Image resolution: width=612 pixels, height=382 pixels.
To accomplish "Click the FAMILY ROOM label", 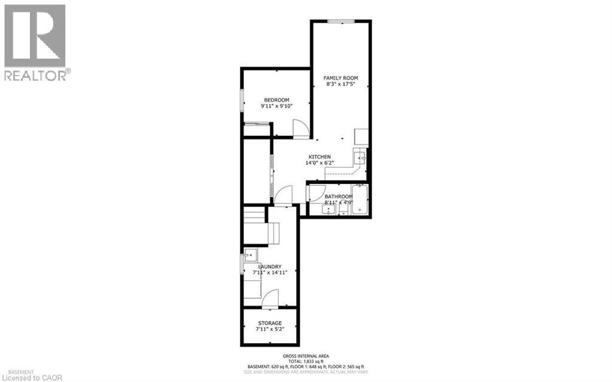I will click(340, 78).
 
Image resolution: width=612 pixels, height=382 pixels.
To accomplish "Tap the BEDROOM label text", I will click(277, 100).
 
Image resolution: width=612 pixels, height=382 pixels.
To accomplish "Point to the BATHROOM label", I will click(338, 196).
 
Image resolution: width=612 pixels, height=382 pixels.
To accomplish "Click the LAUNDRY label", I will click(270, 266).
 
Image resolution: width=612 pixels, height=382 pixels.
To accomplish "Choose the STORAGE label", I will click(270, 323).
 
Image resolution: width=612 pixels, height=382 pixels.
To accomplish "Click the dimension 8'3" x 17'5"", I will click(340, 85).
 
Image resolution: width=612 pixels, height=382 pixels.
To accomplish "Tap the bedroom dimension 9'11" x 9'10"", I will click(277, 107).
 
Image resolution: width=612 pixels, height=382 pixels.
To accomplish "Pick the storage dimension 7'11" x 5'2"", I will click(270, 330).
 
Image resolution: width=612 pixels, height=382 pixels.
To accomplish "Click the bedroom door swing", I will click(300, 128).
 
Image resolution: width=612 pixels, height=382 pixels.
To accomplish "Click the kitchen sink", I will click(360, 157).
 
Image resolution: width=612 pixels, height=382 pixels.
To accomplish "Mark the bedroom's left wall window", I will click(242, 100).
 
